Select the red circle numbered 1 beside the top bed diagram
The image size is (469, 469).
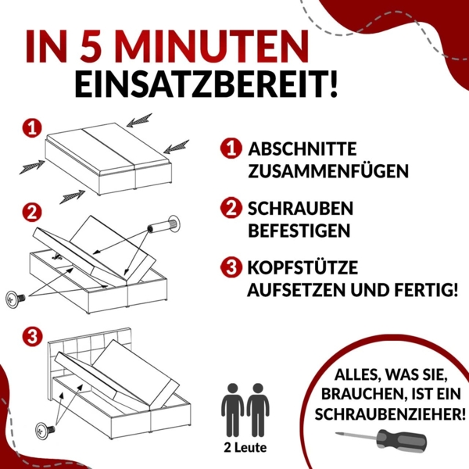pyautogui.click(x=31, y=127)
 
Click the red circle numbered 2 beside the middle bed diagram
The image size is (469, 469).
pyautogui.click(x=31, y=212)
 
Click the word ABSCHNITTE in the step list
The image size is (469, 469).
pyautogui.click(x=303, y=149)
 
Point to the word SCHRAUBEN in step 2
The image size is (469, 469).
pyautogui.click(x=300, y=209)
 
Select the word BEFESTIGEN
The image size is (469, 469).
pyautogui.click(x=299, y=231)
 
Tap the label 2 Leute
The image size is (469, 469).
pyautogui.click(x=245, y=448)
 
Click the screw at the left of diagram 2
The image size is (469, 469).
pyautogui.click(x=16, y=298)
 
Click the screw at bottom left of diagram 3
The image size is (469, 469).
pyautogui.click(x=45, y=429)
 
